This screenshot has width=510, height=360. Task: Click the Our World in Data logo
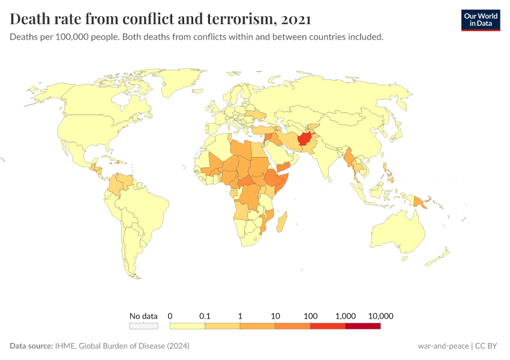[481, 20]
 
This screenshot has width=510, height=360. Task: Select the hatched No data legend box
[143, 326]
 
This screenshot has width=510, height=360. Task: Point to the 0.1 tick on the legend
[205, 316]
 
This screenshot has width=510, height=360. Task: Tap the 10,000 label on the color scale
[380, 316]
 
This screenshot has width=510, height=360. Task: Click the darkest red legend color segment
[363, 326]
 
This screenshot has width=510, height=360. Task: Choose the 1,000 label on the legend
[346, 316]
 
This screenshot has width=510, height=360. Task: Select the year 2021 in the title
[295, 19]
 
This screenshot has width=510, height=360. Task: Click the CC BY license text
[488, 346]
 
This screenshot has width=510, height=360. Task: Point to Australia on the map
[399, 231]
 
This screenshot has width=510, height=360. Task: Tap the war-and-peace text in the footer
[443, 346]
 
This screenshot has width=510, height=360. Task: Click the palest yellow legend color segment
[187, 326]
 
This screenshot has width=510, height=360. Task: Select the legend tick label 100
[310, 316]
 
